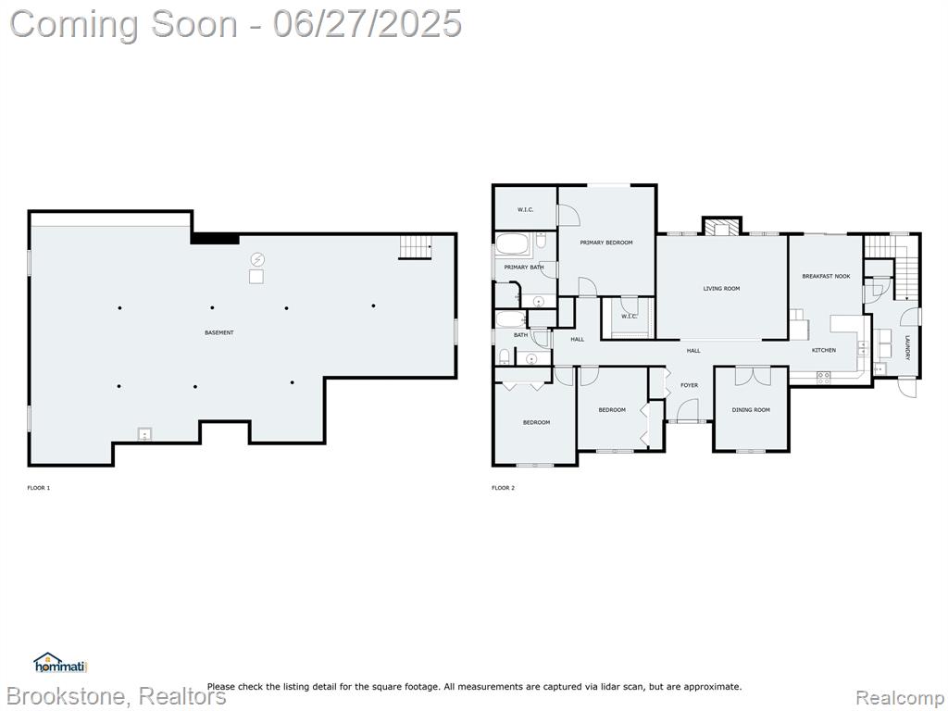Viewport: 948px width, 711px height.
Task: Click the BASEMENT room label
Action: tap(218, 332)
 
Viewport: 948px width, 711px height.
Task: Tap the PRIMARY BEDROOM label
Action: tap(606, 243)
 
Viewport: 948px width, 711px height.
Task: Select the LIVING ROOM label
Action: tap(721, 289)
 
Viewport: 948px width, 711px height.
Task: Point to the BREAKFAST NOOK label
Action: tap(826, 276)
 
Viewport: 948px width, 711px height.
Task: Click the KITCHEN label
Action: tap(823, 350)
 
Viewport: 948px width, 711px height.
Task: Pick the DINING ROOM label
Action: tap(751, 410)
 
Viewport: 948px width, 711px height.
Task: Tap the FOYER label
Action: tap(689, 385)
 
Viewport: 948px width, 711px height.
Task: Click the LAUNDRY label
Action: tap(907, 348)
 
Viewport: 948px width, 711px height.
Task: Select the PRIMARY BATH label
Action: tap(524, 268)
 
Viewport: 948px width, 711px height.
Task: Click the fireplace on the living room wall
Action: tap(721, 226)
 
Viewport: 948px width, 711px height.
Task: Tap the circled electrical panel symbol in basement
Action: tap(257, 259)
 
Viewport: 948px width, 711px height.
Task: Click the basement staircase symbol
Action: tap(416, 247)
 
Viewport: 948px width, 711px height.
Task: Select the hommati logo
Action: tap(60, 663)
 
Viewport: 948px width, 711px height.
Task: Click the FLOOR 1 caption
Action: tap(39, 488)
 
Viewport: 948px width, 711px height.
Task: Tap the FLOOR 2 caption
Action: tap(503, 488)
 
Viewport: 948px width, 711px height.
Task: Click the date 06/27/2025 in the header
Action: tap(367, 24)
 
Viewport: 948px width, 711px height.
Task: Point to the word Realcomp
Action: tap(900, 697)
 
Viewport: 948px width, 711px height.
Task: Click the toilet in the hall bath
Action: tap(504, 355)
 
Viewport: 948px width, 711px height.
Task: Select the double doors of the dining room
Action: tap(753, 376)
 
